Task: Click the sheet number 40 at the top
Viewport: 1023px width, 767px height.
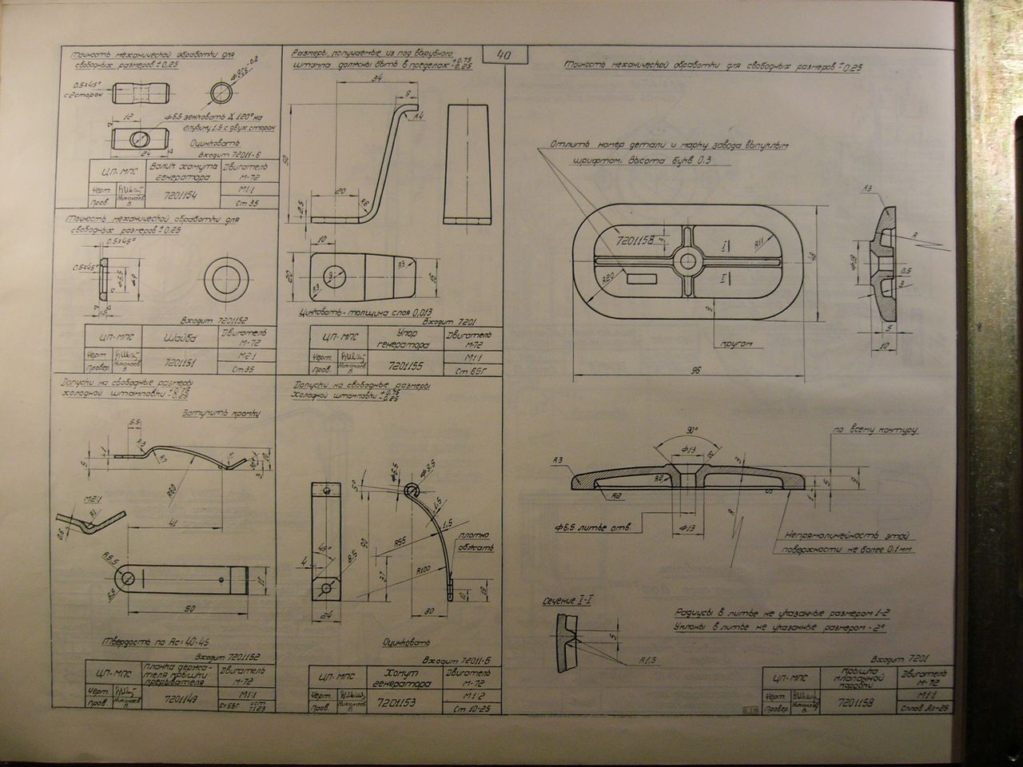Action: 505,57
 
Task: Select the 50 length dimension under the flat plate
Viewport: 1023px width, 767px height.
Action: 189,609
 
